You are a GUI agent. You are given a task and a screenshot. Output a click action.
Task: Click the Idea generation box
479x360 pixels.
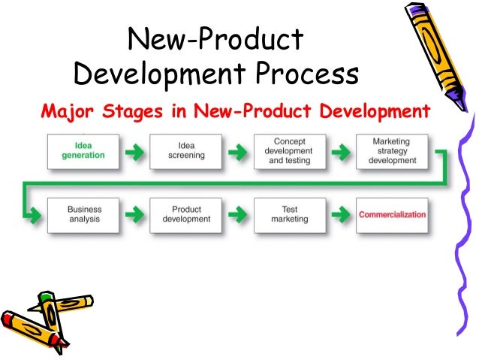(x=83, y=151)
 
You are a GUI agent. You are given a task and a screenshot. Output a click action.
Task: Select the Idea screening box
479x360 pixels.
(x=185, y=151)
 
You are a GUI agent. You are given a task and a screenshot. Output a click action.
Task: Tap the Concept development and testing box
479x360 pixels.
(x=290, y=151)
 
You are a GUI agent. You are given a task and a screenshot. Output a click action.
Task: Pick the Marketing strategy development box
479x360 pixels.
(x=390, y=151)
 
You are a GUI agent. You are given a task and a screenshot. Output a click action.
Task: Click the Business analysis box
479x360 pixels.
(x=83, y=214)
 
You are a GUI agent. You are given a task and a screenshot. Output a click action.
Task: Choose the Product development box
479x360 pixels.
(x=185, y=214)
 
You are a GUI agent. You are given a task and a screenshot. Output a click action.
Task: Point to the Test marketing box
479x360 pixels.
(x=290, y=214)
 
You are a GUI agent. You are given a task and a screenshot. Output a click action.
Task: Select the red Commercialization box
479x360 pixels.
(x=392, y=214)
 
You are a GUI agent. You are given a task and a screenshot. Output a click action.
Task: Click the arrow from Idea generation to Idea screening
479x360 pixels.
(x=134, y=152)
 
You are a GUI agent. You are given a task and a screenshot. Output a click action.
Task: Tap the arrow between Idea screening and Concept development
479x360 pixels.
(x=237, y=152)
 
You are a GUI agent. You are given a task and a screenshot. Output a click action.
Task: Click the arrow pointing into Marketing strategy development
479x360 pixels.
(x=341, y=152)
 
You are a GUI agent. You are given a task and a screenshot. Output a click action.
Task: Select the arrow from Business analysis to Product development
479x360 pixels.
(x=134, y=215)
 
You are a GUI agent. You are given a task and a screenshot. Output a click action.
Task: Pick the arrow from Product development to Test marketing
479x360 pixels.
(x=237, y=215)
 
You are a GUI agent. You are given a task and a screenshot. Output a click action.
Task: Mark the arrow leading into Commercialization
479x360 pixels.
(x=341, y=215)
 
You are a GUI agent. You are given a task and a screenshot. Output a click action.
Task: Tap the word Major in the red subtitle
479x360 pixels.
(x=64, y=112)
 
